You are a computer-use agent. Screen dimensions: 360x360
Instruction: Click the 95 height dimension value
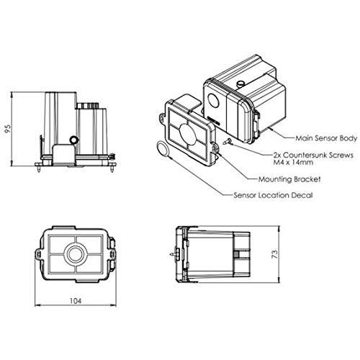coord(8,129)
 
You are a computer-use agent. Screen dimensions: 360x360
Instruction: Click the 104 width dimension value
coord(76,301)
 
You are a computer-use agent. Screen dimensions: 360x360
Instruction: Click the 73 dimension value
coord(275,254)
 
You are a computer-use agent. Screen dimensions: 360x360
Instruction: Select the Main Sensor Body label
coord(326,138)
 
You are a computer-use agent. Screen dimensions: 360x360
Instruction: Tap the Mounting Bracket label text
coord(289,179)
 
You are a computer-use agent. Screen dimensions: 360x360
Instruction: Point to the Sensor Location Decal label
coord(273,195)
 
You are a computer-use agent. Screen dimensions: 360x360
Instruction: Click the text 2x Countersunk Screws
coord(313,155)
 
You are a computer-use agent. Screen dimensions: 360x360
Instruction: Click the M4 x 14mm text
coord(293,162)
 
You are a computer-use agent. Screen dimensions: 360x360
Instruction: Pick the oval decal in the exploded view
coord(163,149)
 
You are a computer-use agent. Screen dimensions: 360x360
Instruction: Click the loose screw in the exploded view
coord(227,142)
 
